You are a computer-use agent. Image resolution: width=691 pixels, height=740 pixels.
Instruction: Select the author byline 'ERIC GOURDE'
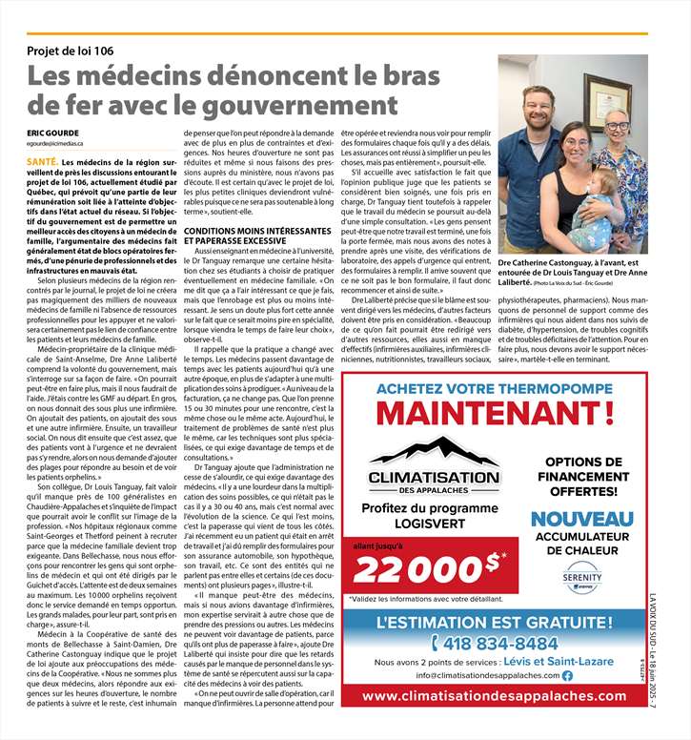(x=52, y=132)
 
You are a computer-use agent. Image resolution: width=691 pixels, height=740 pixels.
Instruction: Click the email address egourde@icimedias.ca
(x=61, y=143)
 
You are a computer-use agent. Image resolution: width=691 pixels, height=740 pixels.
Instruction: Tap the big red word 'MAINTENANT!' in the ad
(x=499, y=414)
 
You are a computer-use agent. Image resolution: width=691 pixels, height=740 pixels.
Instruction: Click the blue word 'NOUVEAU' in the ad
(x=581, y=520)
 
